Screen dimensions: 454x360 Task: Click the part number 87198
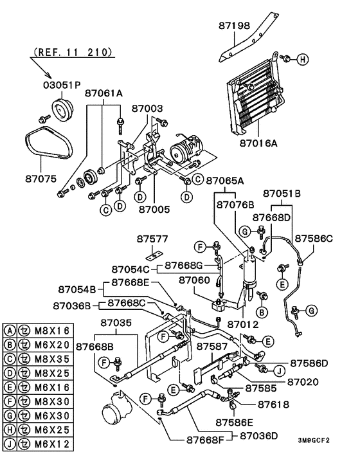point(235,26)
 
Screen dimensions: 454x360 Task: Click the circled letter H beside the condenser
point(302,59)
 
